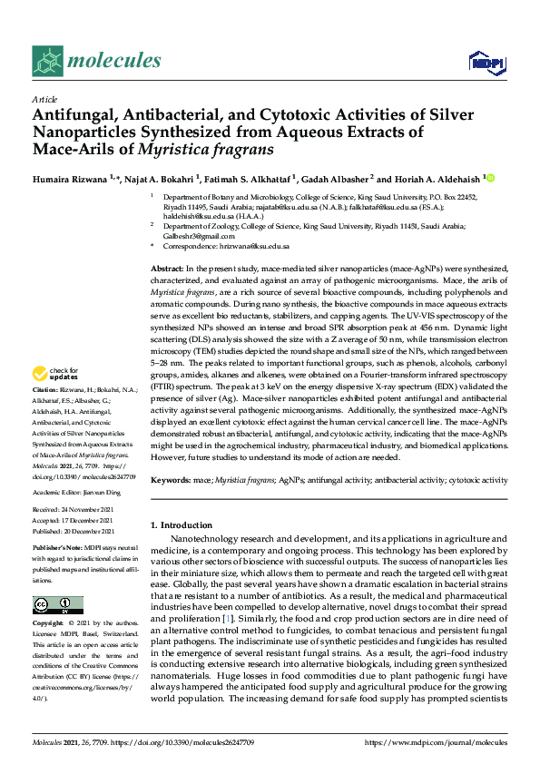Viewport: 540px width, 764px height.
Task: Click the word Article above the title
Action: tap(44, 99)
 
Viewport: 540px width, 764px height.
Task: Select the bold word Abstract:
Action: tap(167, 270)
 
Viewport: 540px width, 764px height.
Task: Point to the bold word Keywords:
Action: tap(170, 478)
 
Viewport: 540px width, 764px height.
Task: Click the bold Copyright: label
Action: tap(48, 625)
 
